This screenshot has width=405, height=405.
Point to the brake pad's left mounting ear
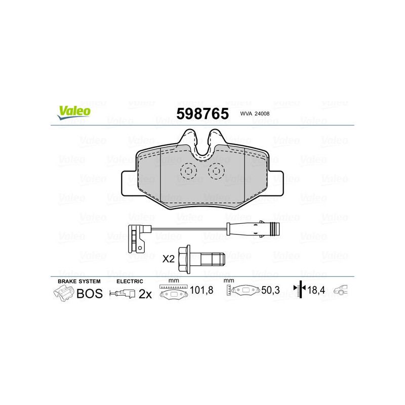click(x=129, y=183)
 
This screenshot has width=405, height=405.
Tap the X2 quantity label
click(x=168, y=259)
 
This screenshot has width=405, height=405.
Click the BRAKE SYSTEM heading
click(x=79, y=281)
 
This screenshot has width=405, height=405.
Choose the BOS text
click(x=89, y=293)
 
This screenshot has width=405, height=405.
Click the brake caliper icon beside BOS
click(x=64, y=293)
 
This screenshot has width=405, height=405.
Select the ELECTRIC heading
click(x=130, y=281)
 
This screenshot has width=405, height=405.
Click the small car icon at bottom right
click(x=343, y=290)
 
